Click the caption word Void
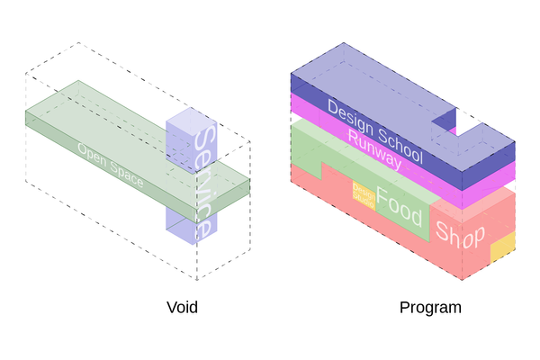[x=182, y=307]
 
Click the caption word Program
[x=430, y=307]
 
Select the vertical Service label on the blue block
[x=203, y=180]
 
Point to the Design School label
[x=374, y=131]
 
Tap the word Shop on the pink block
[x=460, y=234]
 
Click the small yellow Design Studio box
[x=364, y=195]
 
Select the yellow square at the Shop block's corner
[x=502, y=247]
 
